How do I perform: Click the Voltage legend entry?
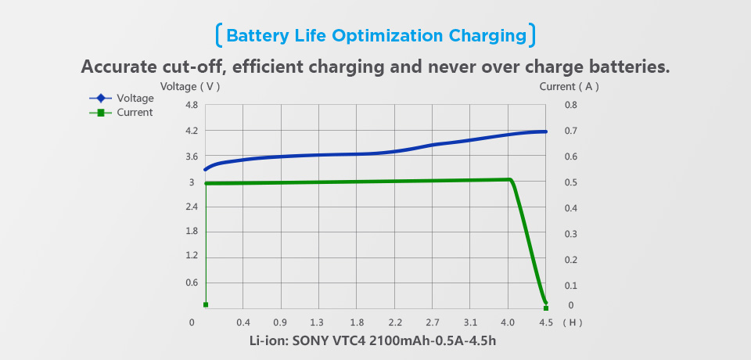135,99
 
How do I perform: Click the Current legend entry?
134,113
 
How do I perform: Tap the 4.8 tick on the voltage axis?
191,105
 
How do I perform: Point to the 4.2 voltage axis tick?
191,131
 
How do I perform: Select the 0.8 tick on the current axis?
570,105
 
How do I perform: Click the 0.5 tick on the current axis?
570,182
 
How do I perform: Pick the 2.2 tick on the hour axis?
395,322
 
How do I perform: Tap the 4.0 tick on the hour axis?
508,322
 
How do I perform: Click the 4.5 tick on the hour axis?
546,322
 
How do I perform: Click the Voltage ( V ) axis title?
190,87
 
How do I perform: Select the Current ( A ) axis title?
569,87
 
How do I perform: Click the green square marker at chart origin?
206,304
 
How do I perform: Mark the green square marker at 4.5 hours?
546,308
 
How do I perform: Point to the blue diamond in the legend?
101,99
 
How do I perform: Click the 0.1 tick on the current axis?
570,286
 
